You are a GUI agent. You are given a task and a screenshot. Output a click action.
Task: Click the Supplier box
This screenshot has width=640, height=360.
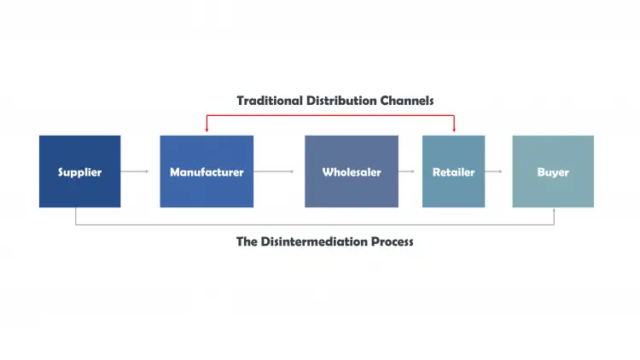pyautogui.click(x=79, y=171)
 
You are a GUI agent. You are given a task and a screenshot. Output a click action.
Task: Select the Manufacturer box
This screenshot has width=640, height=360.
pyautogui.click(x=207, y=171)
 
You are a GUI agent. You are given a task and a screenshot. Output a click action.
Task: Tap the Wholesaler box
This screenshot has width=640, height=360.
pyautogui.click(x=352, y=171)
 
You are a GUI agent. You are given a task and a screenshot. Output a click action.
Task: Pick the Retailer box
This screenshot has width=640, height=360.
pyautogui.click(x=453, y=171)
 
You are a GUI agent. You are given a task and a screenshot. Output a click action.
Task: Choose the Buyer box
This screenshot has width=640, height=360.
pyautogui.click(x=553, y=171)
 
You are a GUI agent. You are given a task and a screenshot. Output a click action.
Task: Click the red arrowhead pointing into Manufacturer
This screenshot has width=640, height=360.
pyautogui.click(x=207, y=131)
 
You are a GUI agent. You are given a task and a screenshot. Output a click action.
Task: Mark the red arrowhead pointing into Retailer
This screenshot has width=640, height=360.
pyautogui.click(x=454, y=131)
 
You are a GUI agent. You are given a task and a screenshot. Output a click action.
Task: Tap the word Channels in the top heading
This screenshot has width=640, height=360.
pyautogui.click(x=407, y=101)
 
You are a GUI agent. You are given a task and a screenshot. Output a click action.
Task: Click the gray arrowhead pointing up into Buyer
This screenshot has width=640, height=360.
pyautogui.click(x=554, y=211)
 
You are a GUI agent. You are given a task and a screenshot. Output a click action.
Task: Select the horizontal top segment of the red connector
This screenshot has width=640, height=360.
pyautogui.click(x=330, y=115)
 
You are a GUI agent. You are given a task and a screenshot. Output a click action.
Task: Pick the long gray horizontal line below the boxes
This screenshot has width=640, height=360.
pyautogui.click(x=315, y=225)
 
